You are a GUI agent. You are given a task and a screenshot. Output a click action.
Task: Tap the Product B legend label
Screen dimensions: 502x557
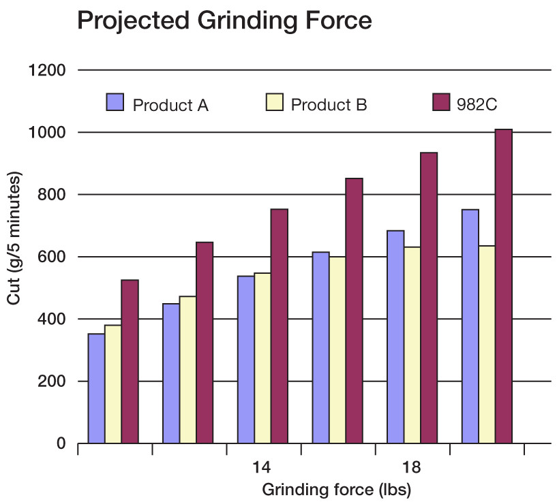click(329, 105)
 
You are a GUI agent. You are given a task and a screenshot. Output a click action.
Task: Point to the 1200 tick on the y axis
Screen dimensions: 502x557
click(48, 70)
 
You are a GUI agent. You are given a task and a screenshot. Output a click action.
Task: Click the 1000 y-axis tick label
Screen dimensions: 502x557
click(48, 132)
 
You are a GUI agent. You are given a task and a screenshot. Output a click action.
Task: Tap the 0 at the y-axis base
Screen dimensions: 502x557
click(61, 443)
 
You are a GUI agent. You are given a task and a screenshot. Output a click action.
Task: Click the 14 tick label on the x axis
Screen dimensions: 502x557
click(260, 468)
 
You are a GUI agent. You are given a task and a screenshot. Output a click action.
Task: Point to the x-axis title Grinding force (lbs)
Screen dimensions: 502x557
click(337, 490)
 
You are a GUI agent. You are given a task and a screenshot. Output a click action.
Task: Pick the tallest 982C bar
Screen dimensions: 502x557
click(503, 286)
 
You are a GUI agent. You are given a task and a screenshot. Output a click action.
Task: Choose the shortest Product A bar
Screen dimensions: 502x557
click(96, 388)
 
